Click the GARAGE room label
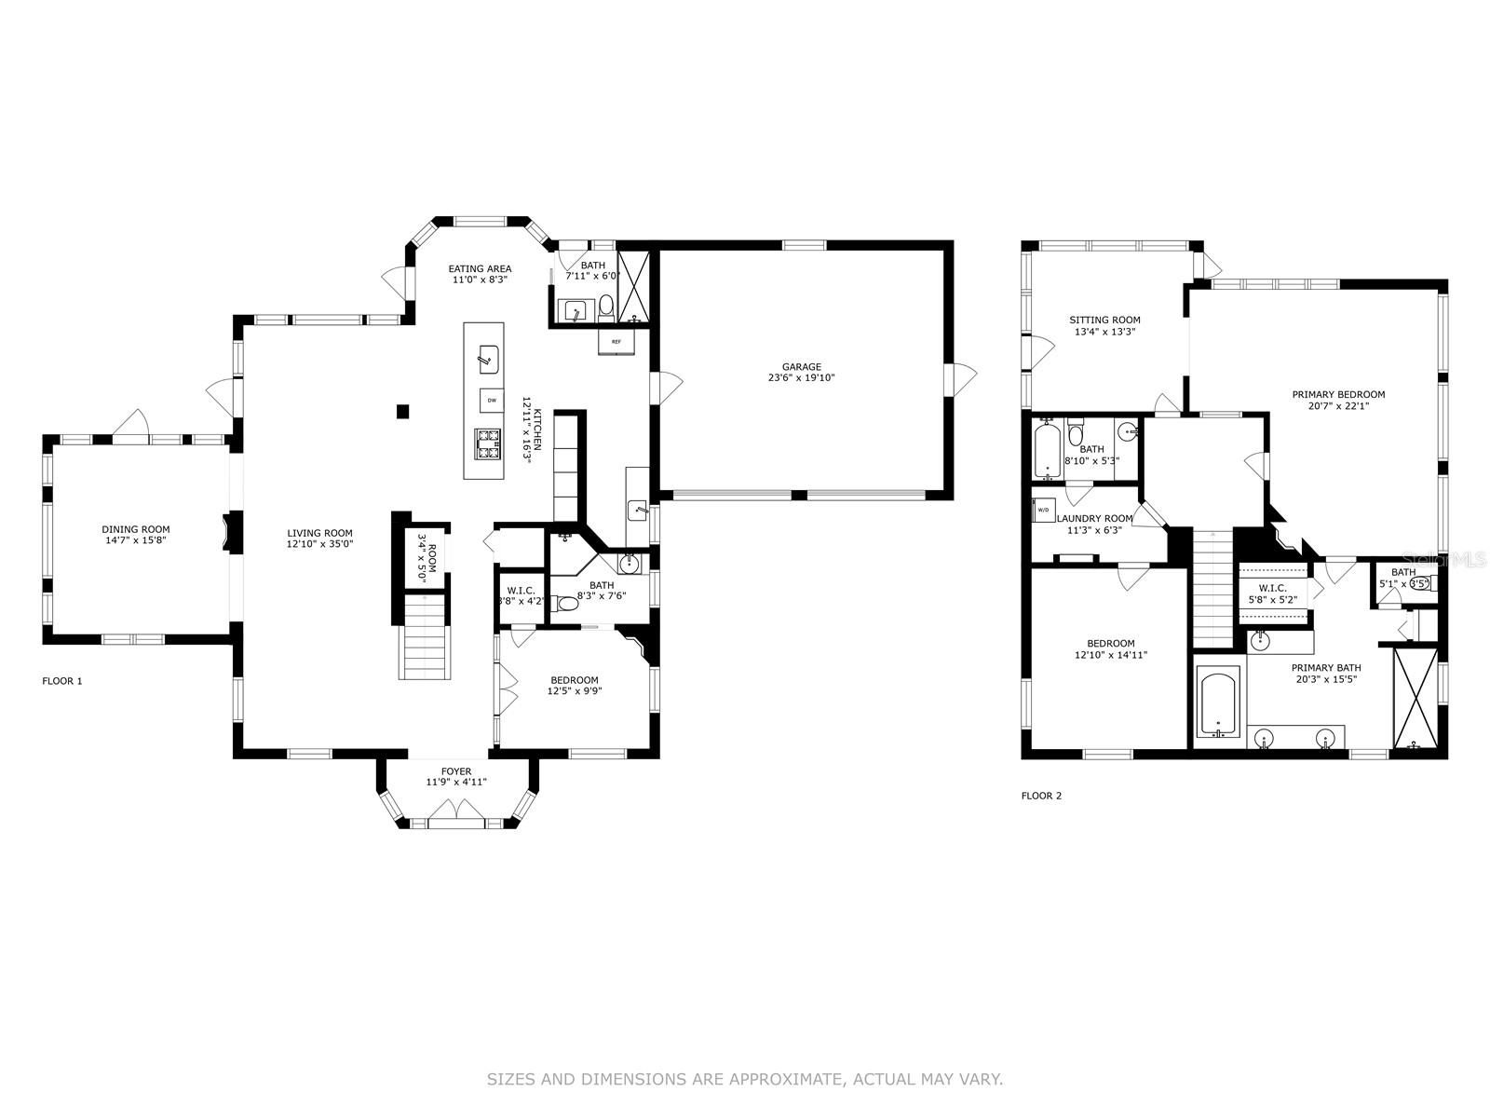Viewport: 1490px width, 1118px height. click(801, 367)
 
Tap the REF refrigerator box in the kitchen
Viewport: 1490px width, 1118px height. click(616, 342)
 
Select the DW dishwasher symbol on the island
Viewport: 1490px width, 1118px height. click(490, 400)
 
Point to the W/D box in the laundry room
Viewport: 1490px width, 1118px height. click(1043, 511)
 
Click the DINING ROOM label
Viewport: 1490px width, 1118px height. click(136, 529)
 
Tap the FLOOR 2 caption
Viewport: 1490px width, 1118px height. click(1041, 796)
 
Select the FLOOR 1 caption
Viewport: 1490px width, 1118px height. click(62, 681)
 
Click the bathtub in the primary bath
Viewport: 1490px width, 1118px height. click(1217, 705)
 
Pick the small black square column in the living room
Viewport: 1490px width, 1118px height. click(402, 411)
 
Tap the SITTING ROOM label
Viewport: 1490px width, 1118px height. click(1104, 320)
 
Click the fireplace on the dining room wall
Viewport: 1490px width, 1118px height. click(226, 534)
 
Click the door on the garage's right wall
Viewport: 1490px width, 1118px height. click(961, 377)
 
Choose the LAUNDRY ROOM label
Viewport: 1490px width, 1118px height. click(1100, 519)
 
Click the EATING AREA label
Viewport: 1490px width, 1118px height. click(480, 269)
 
